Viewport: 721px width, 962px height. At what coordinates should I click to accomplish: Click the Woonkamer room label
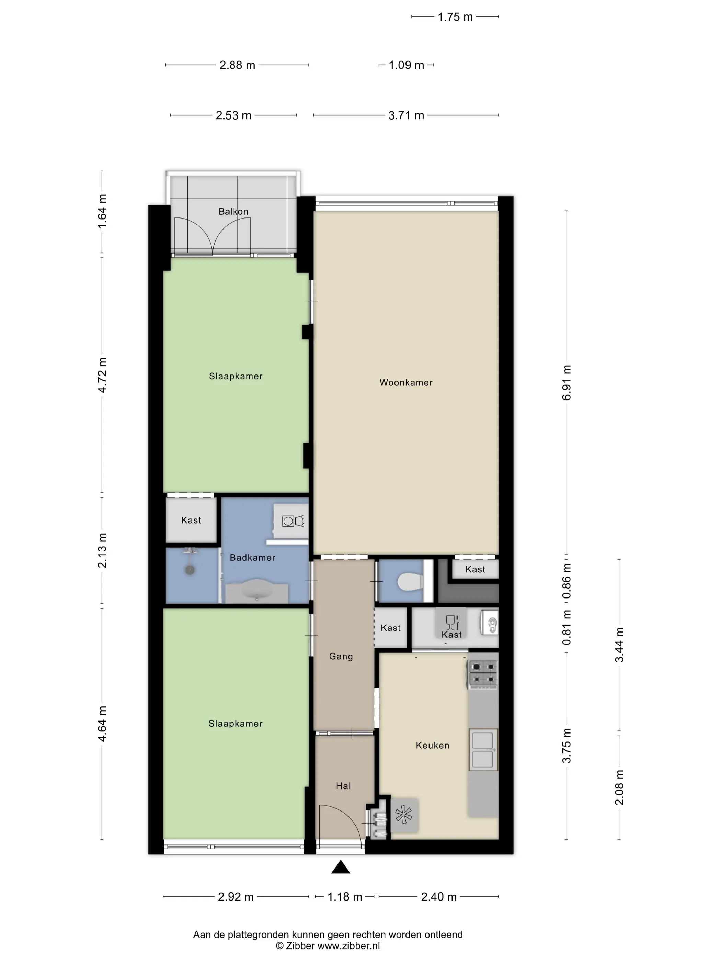pyautogui.click(x=406, y=383)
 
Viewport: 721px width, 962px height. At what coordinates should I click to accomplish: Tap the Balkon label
pyautogui.click(x=233, y=211)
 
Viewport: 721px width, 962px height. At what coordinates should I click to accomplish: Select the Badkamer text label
pyautogui.click(x=252, y=558)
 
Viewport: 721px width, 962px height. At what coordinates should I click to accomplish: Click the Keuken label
pyautogui.click(x=432, y=746)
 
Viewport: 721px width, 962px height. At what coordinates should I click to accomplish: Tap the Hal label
pyautogui.click(x=343, y=786)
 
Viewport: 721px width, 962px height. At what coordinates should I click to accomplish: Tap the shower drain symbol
pyautogui.click(x=190, y=570)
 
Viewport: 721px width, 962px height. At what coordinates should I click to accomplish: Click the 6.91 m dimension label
pyautogui.click(x=567, y=383)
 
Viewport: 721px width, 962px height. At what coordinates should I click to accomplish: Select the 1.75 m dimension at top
pyautogui.click(x=455, y=17)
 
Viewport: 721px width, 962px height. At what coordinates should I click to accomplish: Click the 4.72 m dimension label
pyautogui.click(x=102, y=375)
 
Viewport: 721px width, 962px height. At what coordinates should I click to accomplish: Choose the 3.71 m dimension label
pyautogui.click(x=406, y=115)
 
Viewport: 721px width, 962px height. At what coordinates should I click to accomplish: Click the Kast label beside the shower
pyautogui.click(x=191, y=520)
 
